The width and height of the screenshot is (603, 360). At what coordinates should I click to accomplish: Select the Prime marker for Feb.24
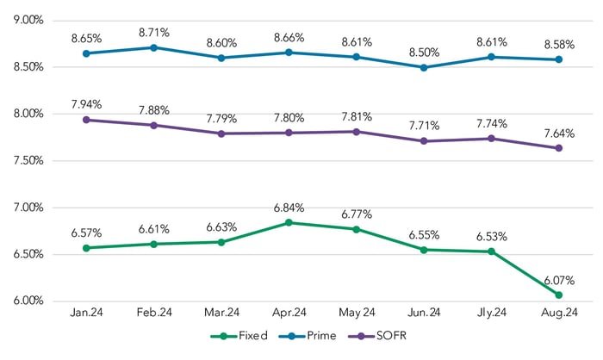[x=152, y=47]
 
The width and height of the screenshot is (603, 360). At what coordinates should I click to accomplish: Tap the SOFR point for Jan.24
[x=85, y=120]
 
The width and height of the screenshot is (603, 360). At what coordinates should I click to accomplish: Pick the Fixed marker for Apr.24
[x=289, y=222]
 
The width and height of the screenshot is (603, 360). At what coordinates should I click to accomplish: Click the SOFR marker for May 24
[x=356, y=132]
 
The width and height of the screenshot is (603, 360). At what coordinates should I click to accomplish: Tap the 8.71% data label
[x=152, y=33]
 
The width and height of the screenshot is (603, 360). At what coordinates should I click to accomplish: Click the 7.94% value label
[x=85, y=104]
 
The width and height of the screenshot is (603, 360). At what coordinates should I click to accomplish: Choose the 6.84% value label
[x=289, y=207]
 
